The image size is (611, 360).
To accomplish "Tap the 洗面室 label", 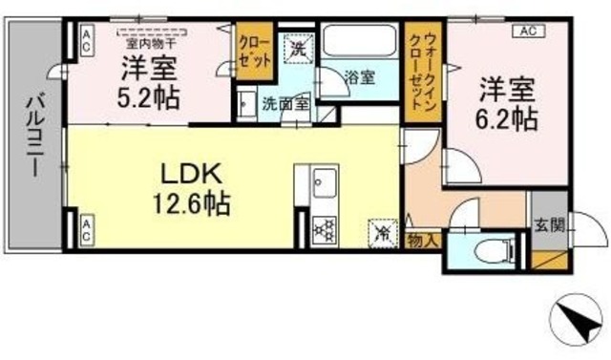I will [284, 104].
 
